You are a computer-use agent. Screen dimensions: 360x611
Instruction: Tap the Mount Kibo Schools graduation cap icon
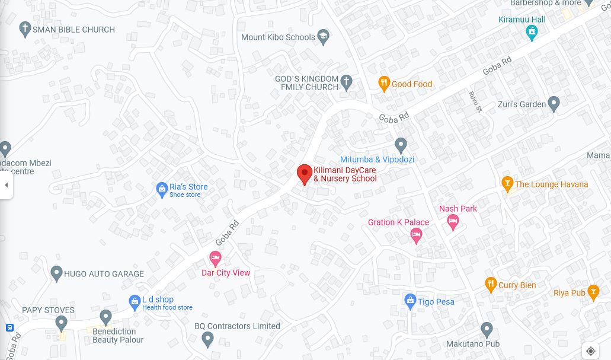click(x=323, y=37)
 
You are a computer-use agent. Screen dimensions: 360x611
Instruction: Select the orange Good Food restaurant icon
click(x=384, y=84)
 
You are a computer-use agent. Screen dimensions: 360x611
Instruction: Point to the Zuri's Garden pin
click(x=554, y=104)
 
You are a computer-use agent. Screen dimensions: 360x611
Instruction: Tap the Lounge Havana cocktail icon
click(x=507, y=184)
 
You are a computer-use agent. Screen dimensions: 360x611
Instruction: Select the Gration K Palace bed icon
click(x=416, y=235)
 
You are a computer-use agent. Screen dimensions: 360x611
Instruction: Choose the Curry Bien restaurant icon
click(x=490, y=285)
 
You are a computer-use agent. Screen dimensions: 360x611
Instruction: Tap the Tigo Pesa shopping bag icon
click(x=410, y=301)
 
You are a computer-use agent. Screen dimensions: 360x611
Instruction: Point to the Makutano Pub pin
click(x=487, y=330)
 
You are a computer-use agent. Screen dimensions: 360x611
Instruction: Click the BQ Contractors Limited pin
click(x=207, y=339)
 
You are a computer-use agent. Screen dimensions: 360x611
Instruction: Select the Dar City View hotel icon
click(x=215, y=259)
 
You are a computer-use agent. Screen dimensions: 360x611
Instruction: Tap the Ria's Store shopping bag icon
click(x=162, y=190)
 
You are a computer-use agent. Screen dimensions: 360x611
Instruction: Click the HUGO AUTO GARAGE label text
click(x=104, y=274)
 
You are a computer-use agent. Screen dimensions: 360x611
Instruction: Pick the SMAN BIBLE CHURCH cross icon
click(x=25, y=29)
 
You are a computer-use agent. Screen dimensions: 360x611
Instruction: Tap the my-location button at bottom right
click(x=590, y=351)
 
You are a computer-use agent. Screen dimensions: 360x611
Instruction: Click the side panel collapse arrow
click(x=7, y=185)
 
